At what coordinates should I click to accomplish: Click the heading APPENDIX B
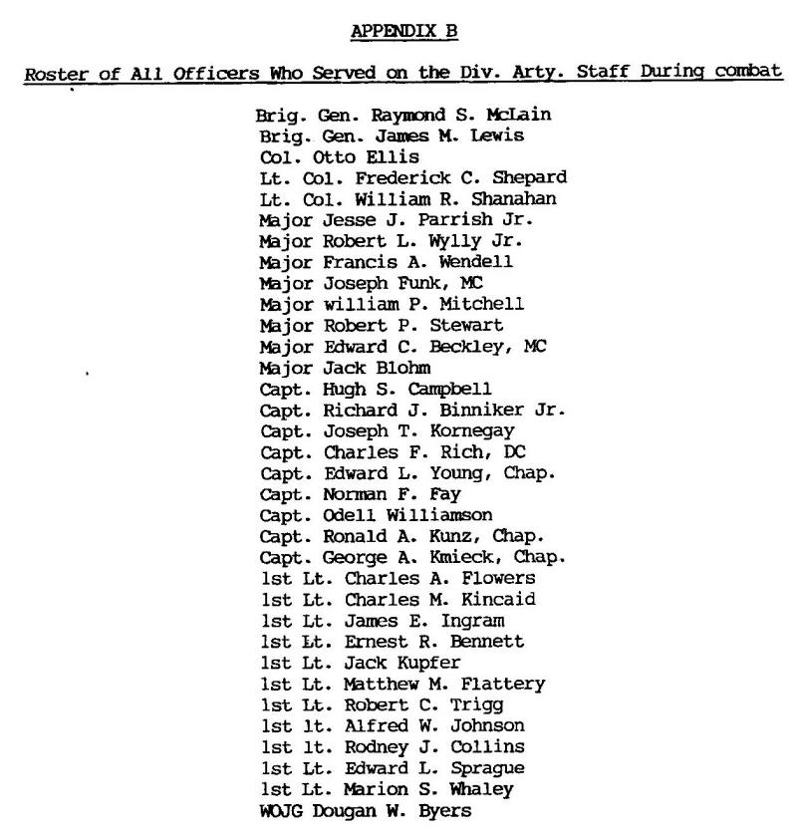click(398, 33)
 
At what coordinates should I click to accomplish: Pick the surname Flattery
click(505, 683)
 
